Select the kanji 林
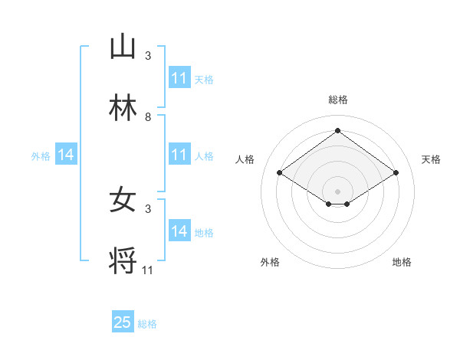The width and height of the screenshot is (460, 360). tap(123, 108)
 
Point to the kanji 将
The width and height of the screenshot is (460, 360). tap(123, 261)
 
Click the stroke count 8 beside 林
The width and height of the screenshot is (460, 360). tap(148, 117)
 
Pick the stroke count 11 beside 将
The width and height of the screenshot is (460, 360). tap(148, 270)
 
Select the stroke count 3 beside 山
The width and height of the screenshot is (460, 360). tap(148, 56)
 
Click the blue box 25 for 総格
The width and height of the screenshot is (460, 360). tap(123, 322)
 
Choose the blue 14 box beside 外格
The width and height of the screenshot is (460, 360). tap(66, 155)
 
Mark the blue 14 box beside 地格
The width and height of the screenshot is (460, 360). tap(179, 231)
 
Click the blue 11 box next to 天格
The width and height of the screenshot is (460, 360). tap(179, 78)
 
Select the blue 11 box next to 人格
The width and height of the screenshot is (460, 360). tap(179, 155)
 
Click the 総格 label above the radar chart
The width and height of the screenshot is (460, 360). tap(338, 100)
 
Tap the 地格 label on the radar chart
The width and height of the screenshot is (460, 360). tap(402, 262)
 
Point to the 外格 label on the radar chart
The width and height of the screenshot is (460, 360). tap(270, 262)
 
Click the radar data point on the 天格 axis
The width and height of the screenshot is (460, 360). tap(396, 173)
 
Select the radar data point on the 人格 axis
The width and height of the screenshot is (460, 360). tap(280, 173)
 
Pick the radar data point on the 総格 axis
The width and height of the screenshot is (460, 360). tap(338, 131)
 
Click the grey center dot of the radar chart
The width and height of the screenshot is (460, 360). tap(338, 191)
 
